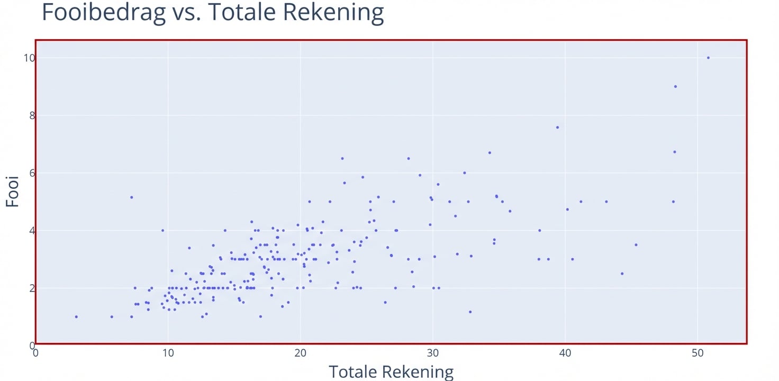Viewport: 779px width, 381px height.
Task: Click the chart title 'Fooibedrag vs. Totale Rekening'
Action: pyautogui.click(x=212, y=13)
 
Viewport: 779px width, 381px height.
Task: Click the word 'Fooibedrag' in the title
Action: pyautogui.click(x=104, y=13)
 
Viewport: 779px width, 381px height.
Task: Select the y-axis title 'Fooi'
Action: pyautogui.click(x=13, y=192)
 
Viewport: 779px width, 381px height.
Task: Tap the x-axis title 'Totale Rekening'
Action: pyautogui.click(x=391, y=371)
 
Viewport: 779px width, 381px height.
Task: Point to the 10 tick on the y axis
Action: pyautogui.click(x=28, y=58)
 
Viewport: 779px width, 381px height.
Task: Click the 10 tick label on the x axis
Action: pyautogui.click(x=168, y=353)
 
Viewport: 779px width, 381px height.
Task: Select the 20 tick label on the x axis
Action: pyautogui.click(x=300, y=353)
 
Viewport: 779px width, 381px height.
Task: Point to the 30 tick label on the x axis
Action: pyautogui.click(x=433, y=353)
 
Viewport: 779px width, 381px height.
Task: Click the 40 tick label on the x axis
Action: pyautogui.click(x=565, y=353)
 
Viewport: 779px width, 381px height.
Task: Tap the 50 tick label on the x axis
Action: pyautogui.click(x=698, y=353)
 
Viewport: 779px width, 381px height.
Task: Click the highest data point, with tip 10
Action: pyautogui.click(x=708, y=58)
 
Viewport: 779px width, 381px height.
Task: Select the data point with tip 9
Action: pyautogui.click(x=675, y=86)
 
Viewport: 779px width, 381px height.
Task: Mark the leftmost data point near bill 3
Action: pyautogui.click(x=76, y=317)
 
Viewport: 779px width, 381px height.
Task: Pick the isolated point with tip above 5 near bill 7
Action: pyautogui.click(x=131, y=197)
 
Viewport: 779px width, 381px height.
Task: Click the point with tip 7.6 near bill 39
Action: pyautogui.click(x=557, y=128)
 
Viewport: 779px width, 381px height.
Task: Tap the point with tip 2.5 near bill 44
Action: pyautogui.click(x=622, y=274)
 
